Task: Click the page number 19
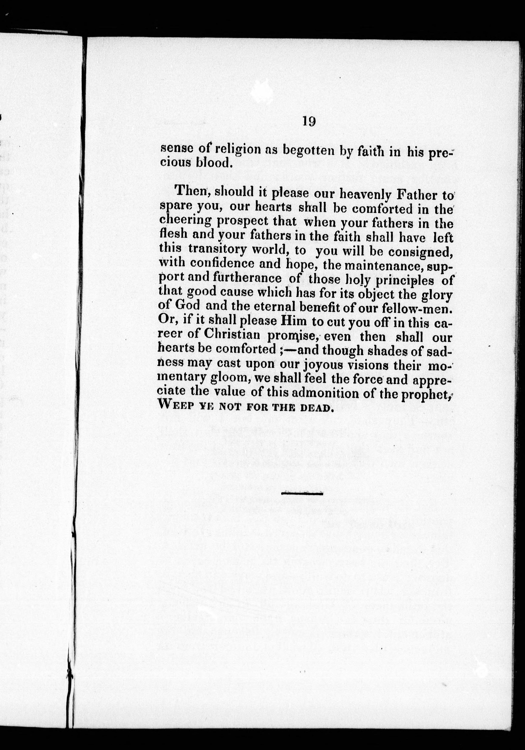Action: (x=308, y=122)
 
